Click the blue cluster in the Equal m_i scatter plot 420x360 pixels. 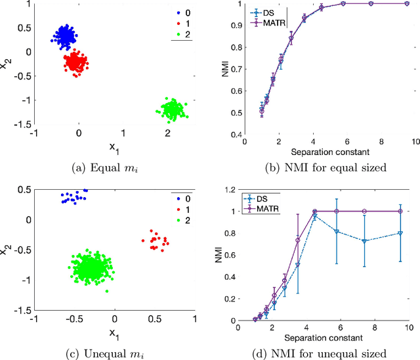[64, 36]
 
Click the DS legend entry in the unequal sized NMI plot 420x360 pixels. [269, 197]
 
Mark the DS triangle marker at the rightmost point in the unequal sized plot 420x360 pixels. [400, 233]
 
